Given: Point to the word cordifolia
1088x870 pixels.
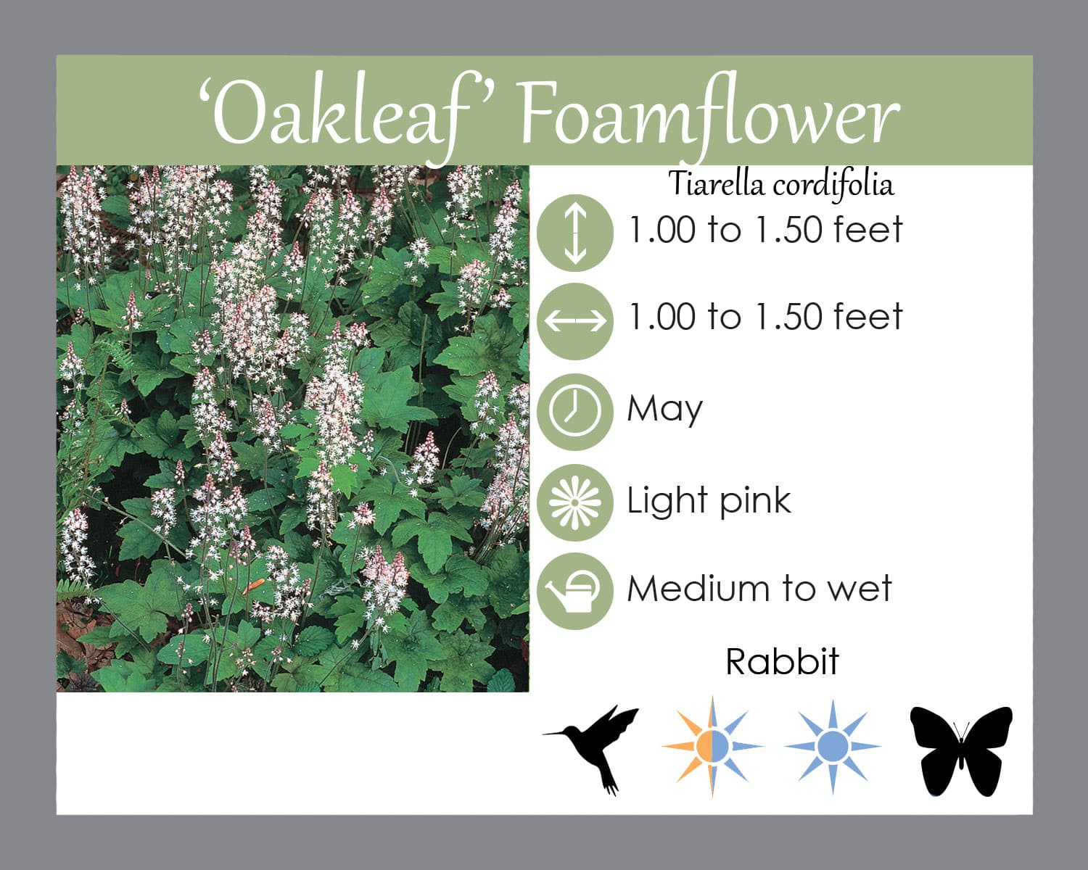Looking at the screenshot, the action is pyautogui.click(x=833, y=184).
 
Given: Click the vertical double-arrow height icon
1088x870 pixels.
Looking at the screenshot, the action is pyautogui.click(x=575, y=233).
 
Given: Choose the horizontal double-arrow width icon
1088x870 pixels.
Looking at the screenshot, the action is pyautogui.click(x=575, y=321).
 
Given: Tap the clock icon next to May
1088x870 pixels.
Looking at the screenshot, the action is pyautogui.click(x=575, y=412).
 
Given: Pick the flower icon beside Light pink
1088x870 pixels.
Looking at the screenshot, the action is pyautogui.click(x=575, y=502).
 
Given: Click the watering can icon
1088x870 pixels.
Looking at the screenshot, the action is pyautogui.click(x=575, y=592).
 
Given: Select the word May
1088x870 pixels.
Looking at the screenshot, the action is pyautogui.click(x=664, y=410).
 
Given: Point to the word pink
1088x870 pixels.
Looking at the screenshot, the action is pyautogui.click(x=755, y=502).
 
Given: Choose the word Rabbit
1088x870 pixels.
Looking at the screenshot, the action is pyautogui.click(x=782, y=661).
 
